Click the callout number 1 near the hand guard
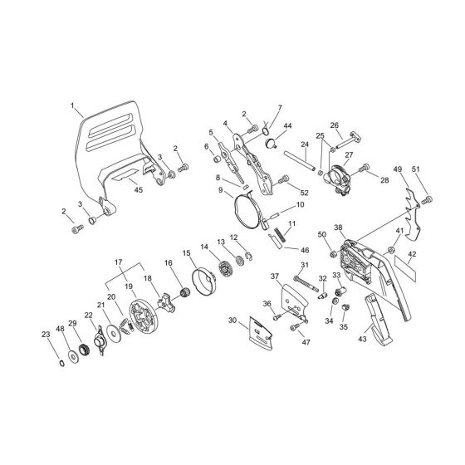pyautogui.click(x=72, y=105)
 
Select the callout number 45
pyautogui.click(x=139, y=190)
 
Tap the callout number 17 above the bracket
pyautogui.click(x=118, y=262)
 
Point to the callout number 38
pyautogui.click(x=339, y=228)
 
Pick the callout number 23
pyautogui.click(x=46, y=334)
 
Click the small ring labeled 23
pyautogui.click(x=62, y=363)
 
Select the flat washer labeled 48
pyautogui.click(x=73, y=356)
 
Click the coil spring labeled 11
pyautogui.click(x=280, y=234)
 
